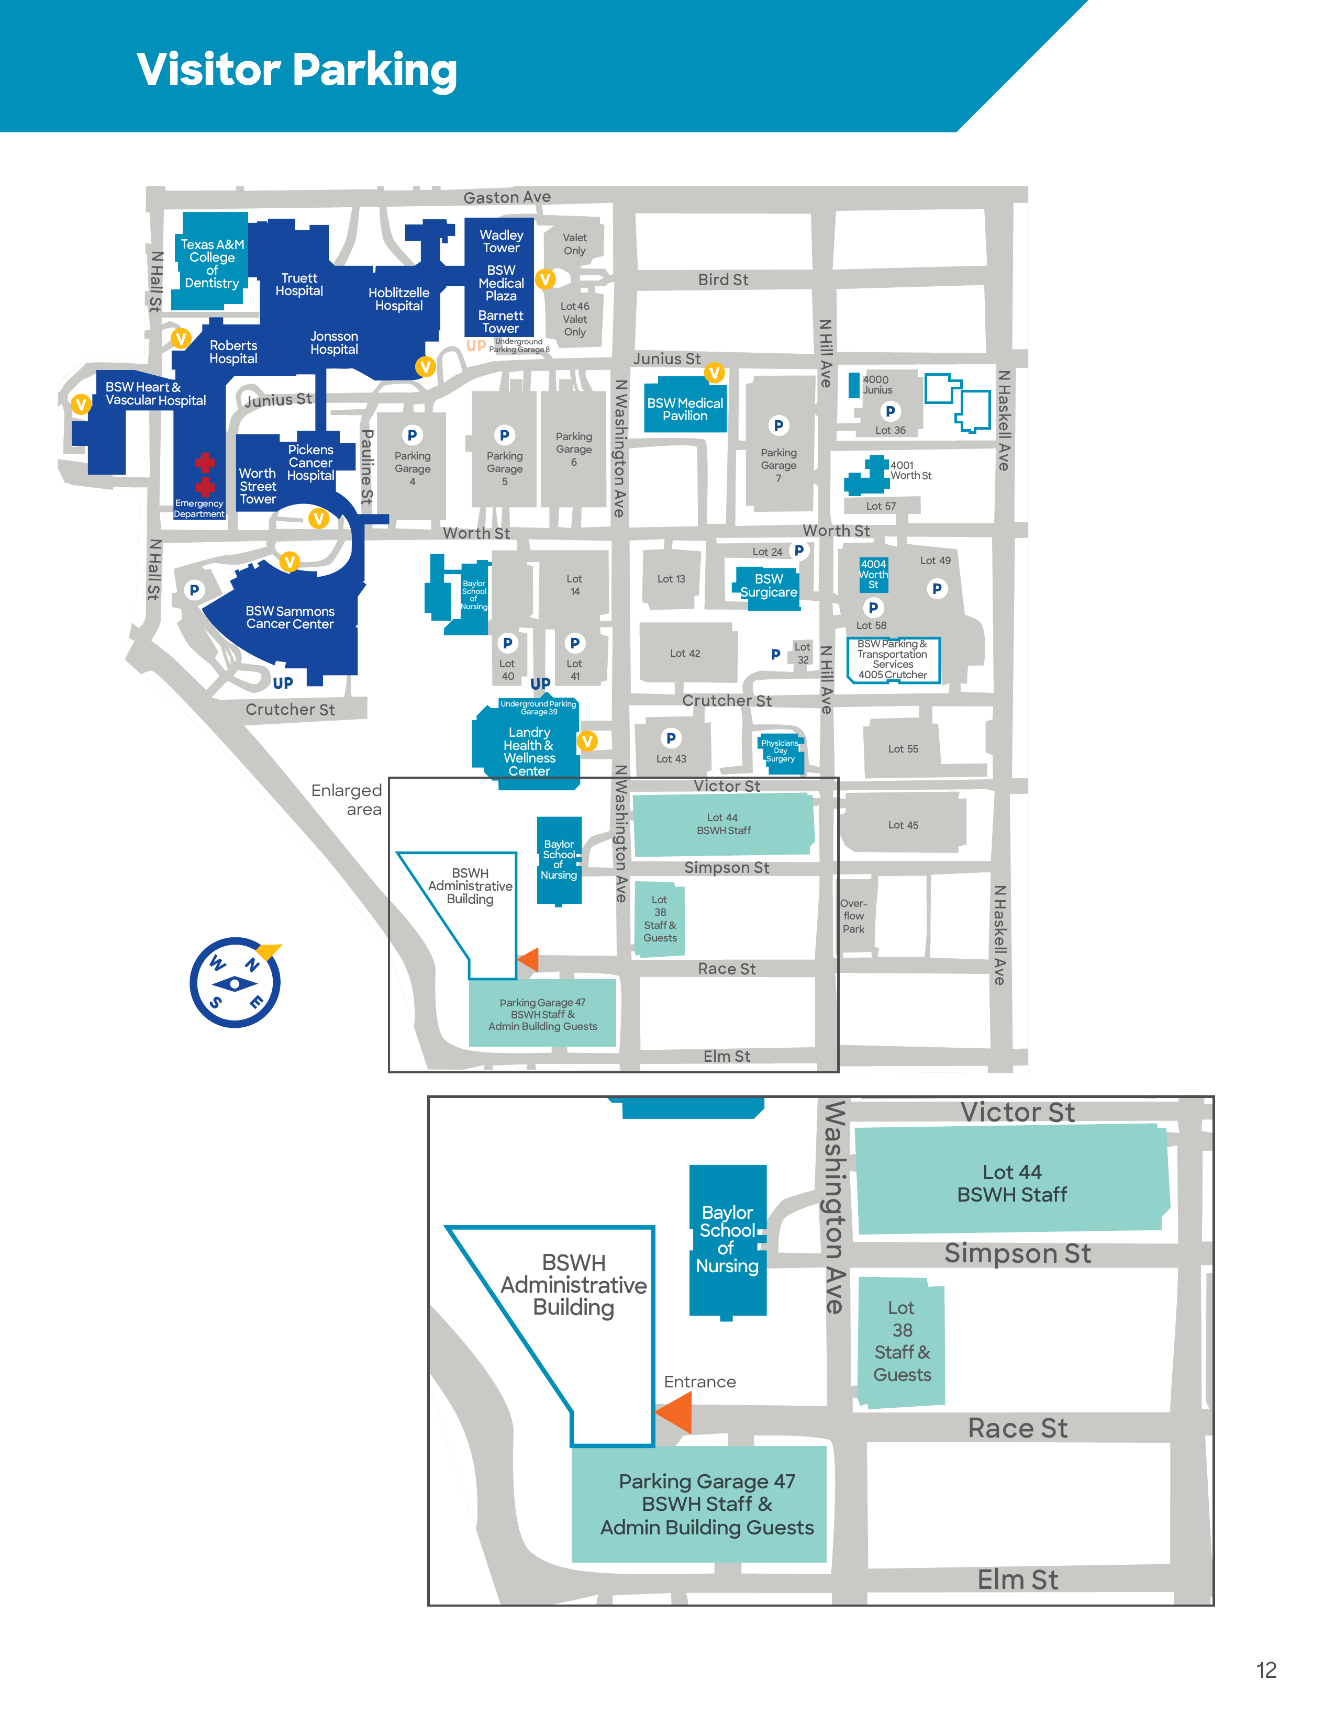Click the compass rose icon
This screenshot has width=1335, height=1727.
tap(235, 983)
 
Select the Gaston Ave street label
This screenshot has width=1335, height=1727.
tap(507, 197)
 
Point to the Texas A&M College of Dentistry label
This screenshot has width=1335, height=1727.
tap(212, 263)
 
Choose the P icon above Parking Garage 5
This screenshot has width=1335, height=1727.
tap(504, 435)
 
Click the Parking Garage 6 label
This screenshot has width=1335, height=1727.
tap(573, 449)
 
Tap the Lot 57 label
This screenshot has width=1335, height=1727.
tap(880, 506)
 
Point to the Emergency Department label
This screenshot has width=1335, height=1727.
tap(199, 509)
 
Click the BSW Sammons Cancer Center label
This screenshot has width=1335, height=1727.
tap(290, 618)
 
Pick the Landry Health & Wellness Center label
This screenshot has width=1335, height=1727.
tap(529, 751)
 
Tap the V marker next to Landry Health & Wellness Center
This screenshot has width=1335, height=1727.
tap(587, 741)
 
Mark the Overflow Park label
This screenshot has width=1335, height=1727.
tap(853, 916)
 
